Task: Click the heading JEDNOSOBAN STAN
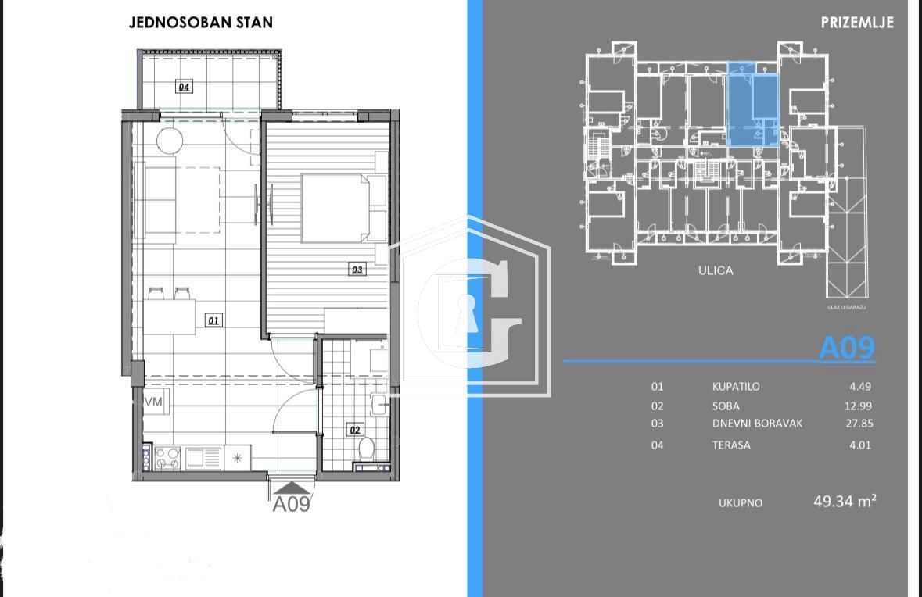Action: point(201,23)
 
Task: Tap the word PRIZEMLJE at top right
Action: point(857,23)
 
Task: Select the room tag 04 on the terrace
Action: point(184,87)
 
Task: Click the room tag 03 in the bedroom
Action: point(357,270)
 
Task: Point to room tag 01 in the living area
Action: point(213,320)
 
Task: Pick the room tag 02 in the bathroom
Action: point(355,429)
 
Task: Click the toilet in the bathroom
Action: point(365,449)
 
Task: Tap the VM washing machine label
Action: point(153,401)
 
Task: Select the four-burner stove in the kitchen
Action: point(167,457)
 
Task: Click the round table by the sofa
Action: point(170,141)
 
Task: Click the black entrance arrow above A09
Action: point(289,487)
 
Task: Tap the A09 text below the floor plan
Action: point(291,504)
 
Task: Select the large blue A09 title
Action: point(846,348)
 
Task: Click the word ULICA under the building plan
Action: point(716,270)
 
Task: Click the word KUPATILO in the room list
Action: point(735,386)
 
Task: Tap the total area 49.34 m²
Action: point(845,502)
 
